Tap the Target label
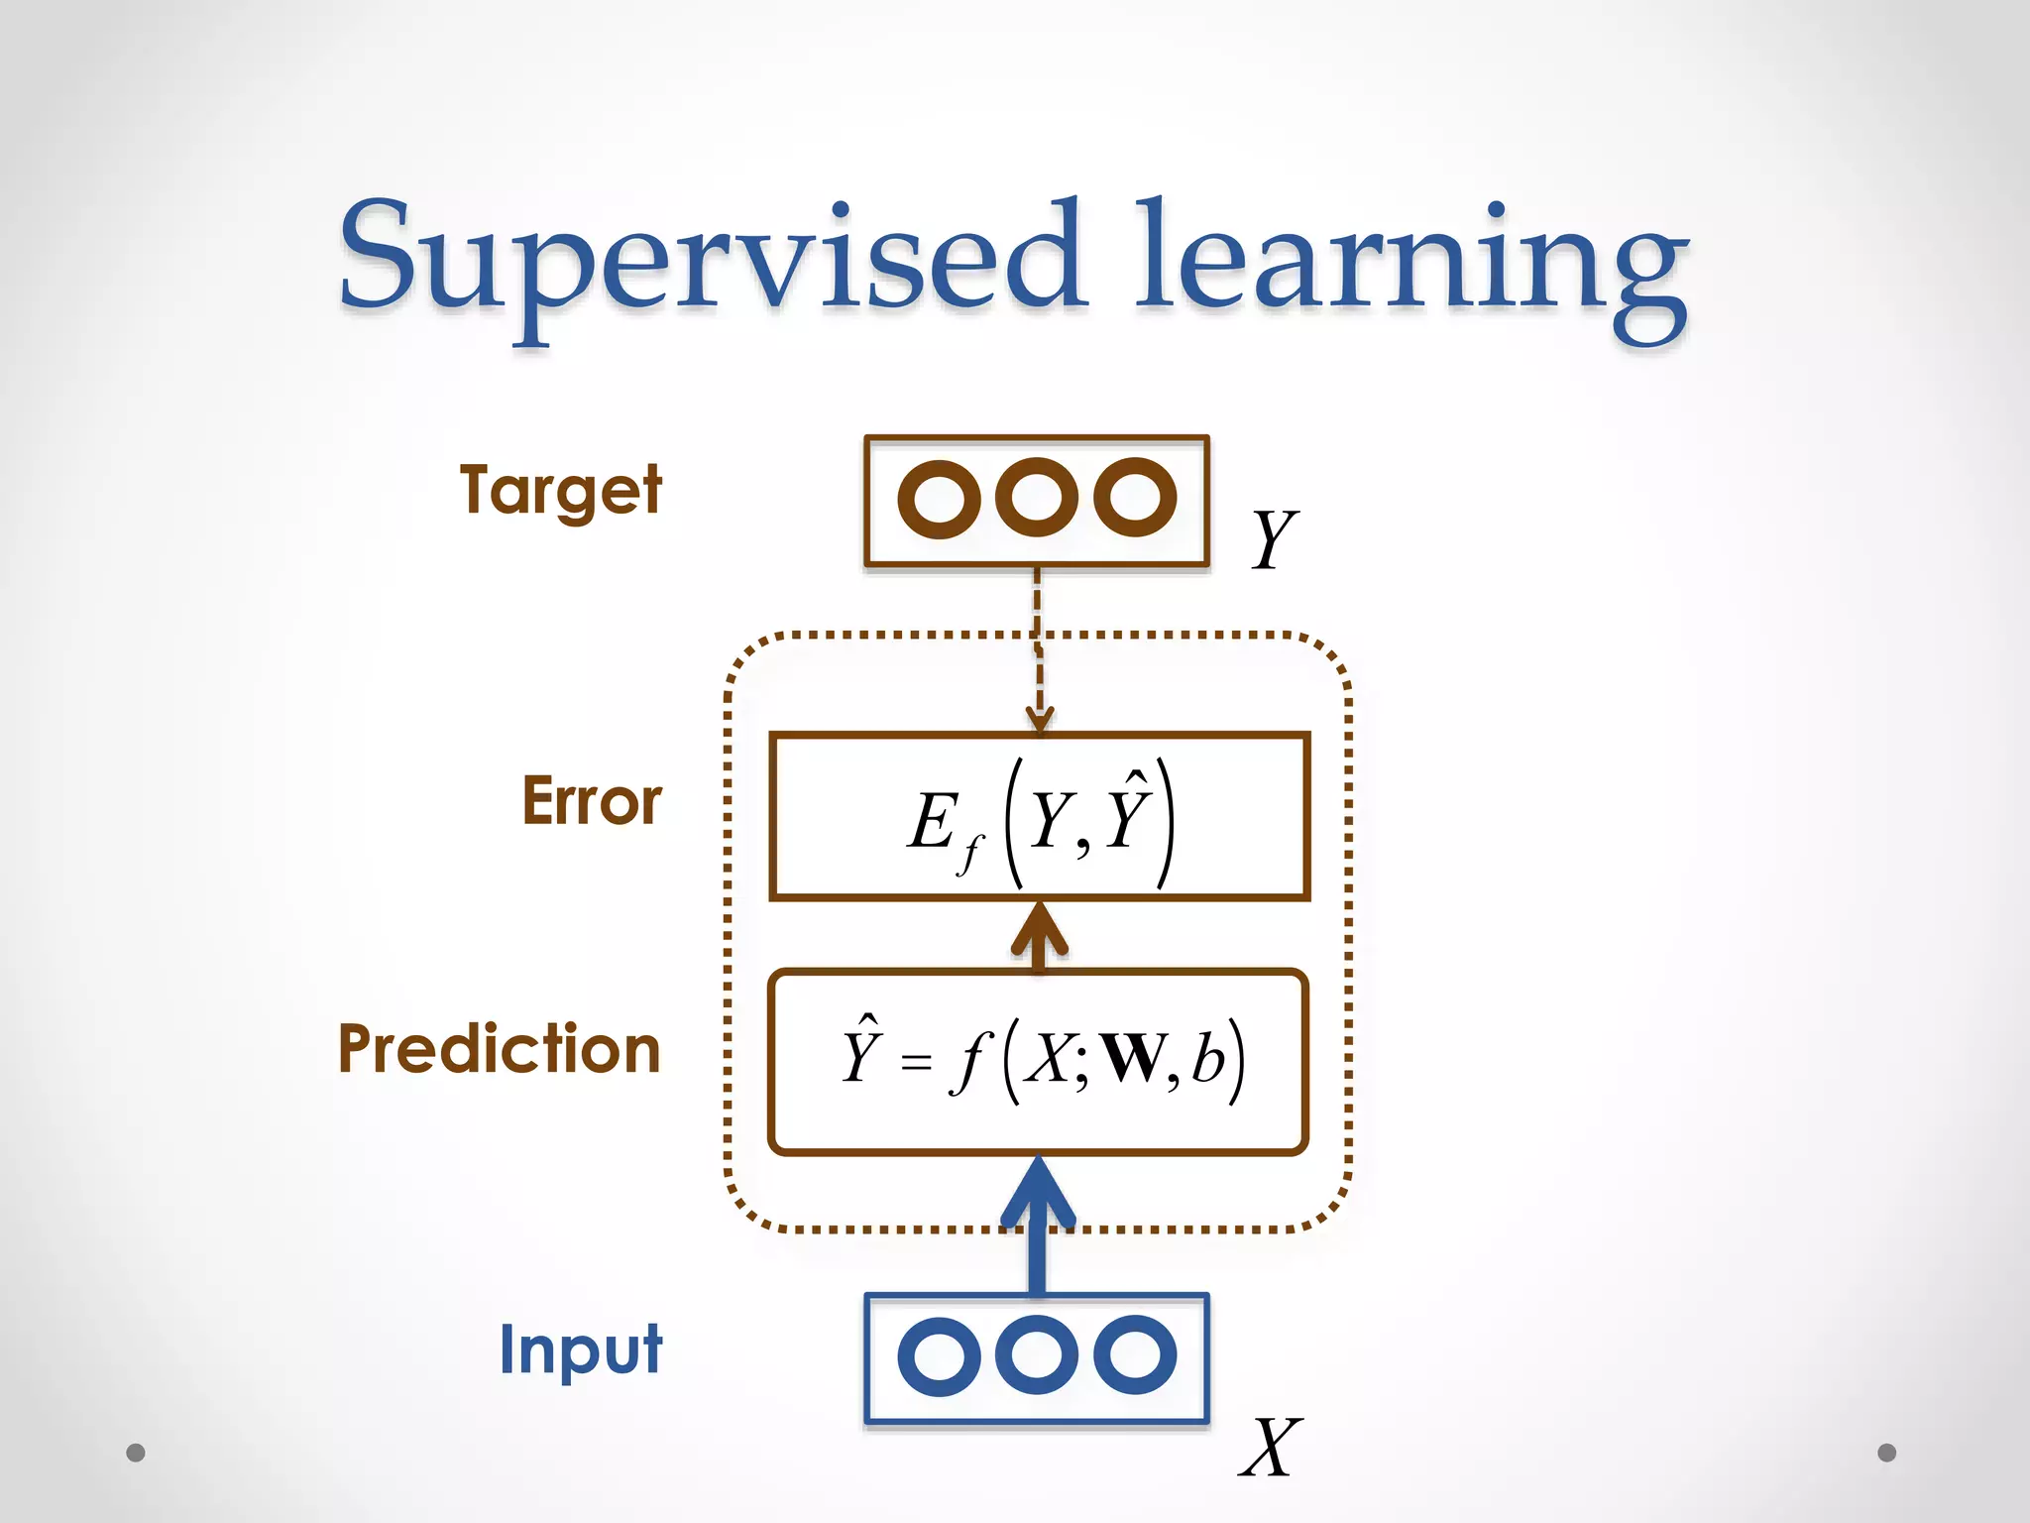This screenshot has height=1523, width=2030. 560,491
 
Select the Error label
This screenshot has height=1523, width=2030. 592,801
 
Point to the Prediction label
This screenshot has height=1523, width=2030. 499,1049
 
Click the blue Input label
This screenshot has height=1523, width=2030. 581,1349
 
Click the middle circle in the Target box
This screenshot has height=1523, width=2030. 1037,497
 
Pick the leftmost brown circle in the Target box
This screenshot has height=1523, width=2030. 938,499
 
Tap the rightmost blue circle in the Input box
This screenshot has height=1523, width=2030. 1135,1354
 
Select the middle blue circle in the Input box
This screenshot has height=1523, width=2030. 1037,1354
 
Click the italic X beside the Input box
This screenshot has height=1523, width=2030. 1270,1449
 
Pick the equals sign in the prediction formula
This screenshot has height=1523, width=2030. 916,1064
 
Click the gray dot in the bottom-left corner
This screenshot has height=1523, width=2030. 136,1453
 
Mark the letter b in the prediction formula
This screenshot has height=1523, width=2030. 1206,1058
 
